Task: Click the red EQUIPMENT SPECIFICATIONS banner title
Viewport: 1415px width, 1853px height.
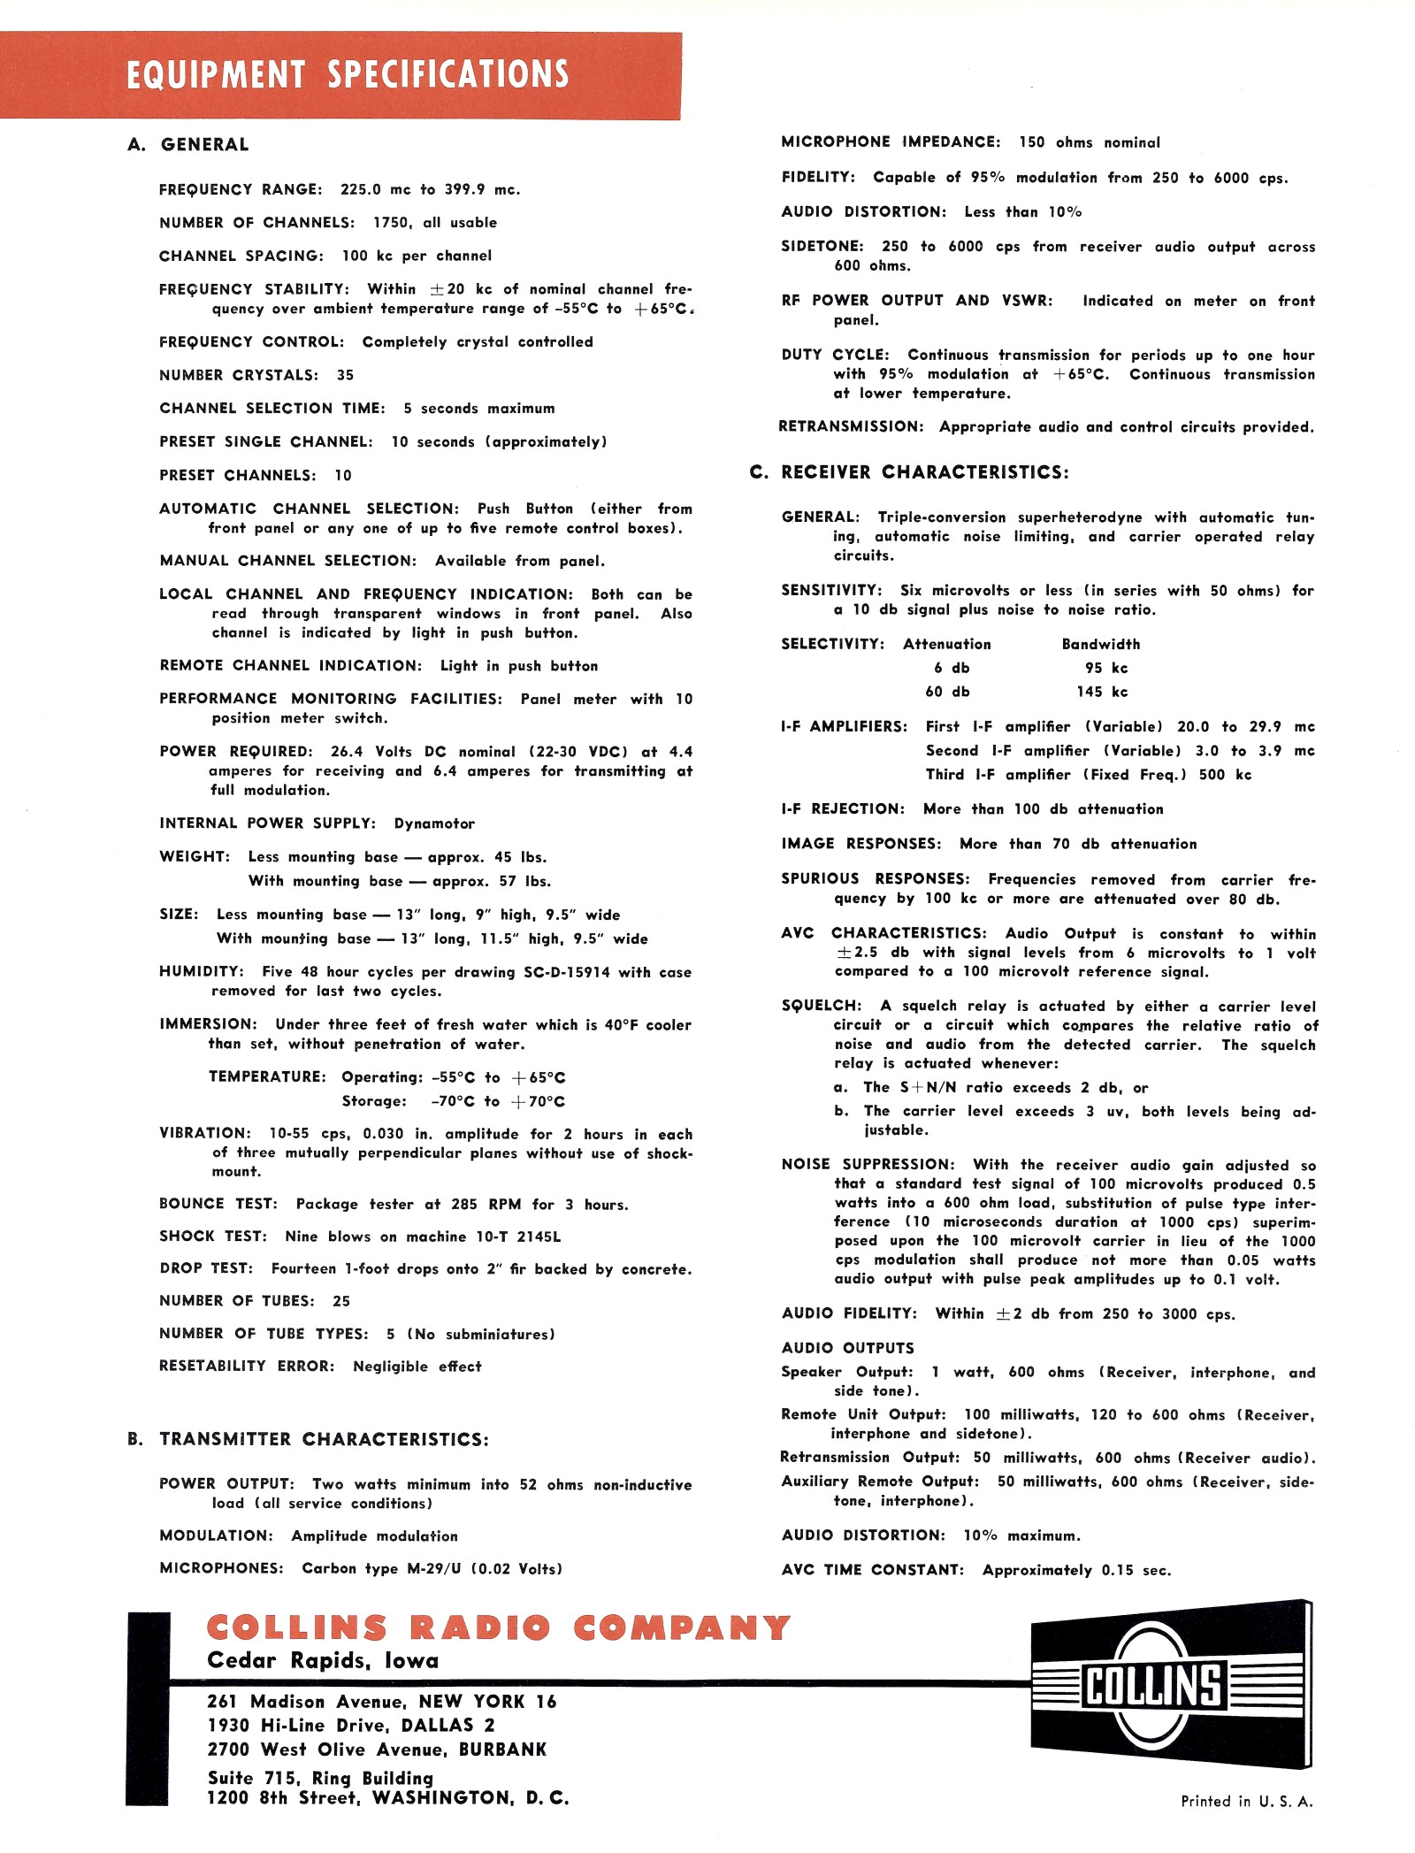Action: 348,75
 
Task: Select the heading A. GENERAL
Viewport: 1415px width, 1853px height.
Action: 188,145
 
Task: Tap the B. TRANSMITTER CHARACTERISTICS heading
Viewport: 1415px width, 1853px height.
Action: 308,1439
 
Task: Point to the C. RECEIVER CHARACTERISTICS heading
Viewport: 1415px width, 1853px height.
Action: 909,472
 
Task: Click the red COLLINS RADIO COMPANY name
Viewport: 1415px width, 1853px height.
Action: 498,1627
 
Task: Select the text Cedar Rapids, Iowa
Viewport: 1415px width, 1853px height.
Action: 323,1660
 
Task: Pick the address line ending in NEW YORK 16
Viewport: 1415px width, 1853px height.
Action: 382,1701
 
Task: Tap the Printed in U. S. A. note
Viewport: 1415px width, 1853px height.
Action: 1246,1801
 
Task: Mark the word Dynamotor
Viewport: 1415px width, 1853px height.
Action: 434,823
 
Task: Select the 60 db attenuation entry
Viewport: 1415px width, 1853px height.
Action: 946,692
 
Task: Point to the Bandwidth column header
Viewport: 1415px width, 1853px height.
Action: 1101,644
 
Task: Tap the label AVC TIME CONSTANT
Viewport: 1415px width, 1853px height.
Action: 872,1570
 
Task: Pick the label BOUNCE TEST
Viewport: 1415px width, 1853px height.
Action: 218,1204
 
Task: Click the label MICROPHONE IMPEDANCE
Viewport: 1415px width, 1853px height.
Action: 891,142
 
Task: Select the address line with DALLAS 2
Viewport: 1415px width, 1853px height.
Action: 351,1725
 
